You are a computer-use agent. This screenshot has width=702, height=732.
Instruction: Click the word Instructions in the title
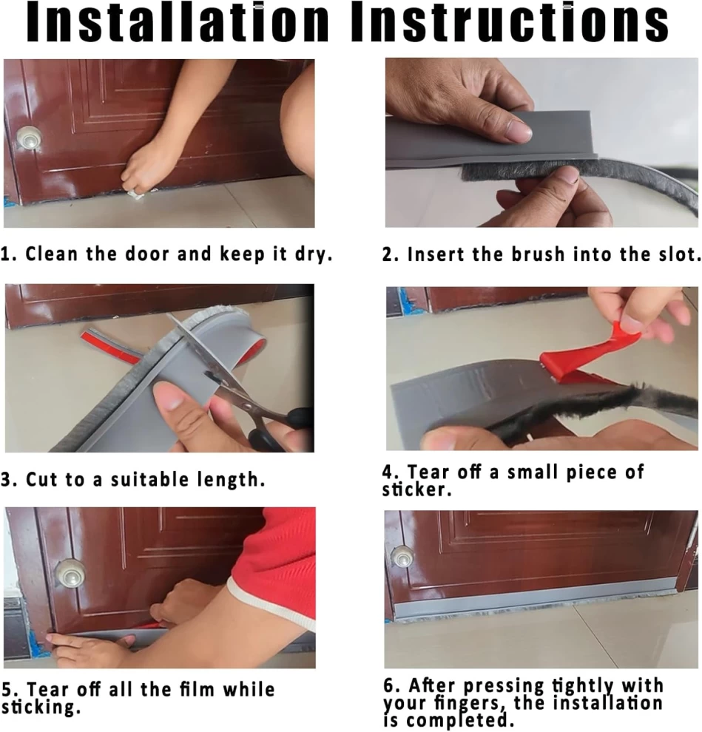[x=510, y=22]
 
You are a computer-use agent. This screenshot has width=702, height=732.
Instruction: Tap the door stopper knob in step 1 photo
[x=29, y=138]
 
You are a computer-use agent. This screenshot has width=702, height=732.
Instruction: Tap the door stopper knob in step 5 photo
[x=70, y=572]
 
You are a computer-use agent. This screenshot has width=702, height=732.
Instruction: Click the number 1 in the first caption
[x=7, y=254]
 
